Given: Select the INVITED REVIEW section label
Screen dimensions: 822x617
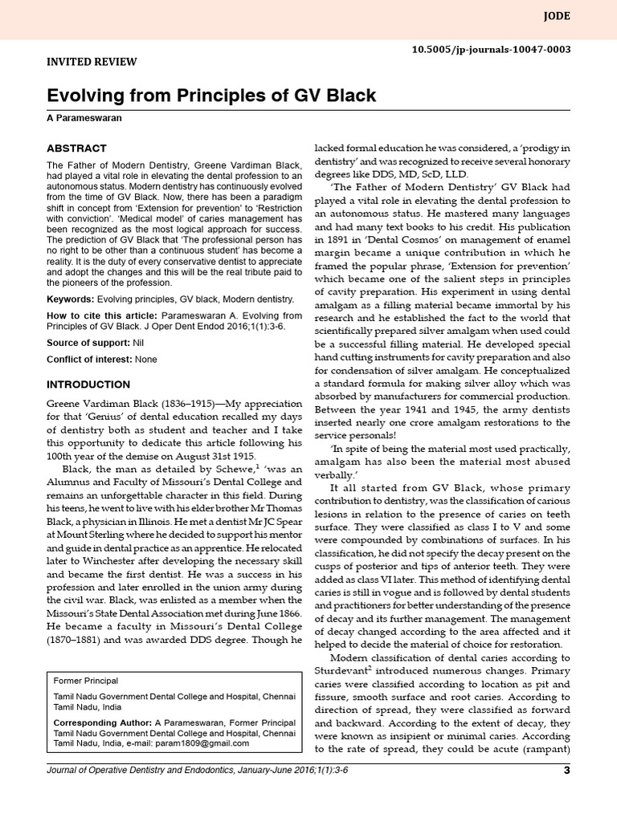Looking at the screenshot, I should point(92,62).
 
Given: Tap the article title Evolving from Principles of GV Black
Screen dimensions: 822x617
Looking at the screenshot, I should point(210,96).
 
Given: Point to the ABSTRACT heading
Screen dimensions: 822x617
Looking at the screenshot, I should point(76,149).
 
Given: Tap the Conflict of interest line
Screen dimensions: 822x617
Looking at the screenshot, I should point(101,359).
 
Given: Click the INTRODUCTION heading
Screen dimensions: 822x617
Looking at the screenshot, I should point(88,385).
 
